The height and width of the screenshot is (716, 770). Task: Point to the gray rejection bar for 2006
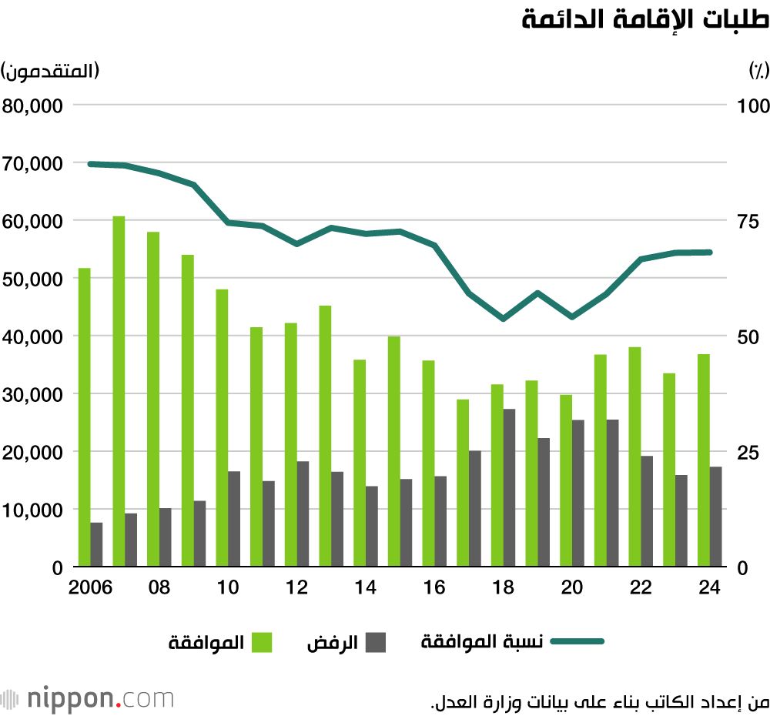pyautogui.click(x=96, y=544)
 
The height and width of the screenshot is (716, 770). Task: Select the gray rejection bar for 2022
pyautogui.click(x=647, y=511)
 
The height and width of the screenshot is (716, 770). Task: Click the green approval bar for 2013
pyautogui.click(x=325, y=436)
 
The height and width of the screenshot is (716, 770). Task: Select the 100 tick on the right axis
pyautogui.click(x=753, y=106)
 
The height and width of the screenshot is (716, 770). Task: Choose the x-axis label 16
pyautogui.click(x=435, y=587)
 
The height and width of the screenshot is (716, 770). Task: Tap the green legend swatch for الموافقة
pyautogui.click(x=261, y=642)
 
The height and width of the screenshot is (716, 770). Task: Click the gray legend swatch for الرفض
pyautogui.click(x=376, y=642)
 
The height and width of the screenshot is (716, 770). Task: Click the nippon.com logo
pyautogui.click(x=88, y=699)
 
